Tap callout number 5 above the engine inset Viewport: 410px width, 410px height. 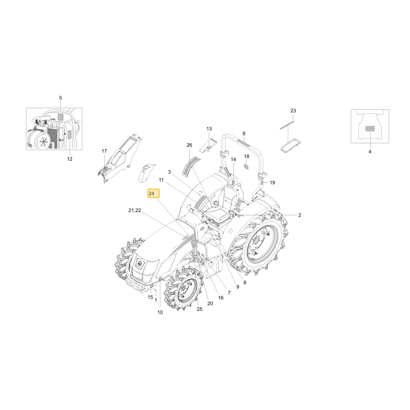click(x=61, y=98)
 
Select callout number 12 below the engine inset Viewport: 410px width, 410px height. click(x=70, y=159)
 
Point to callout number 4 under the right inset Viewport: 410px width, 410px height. click(x=370, y=151)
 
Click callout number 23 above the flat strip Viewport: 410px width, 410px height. click(x=293, y=111)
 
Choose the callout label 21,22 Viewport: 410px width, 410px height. click(x=134, y=210)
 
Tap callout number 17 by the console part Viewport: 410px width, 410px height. click(x=104, y=151)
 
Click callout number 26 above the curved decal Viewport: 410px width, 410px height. click(x=189, y=145)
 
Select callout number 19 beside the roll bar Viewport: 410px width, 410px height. click(x=272, y=182)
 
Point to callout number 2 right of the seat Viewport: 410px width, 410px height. click(x=300, y=215)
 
